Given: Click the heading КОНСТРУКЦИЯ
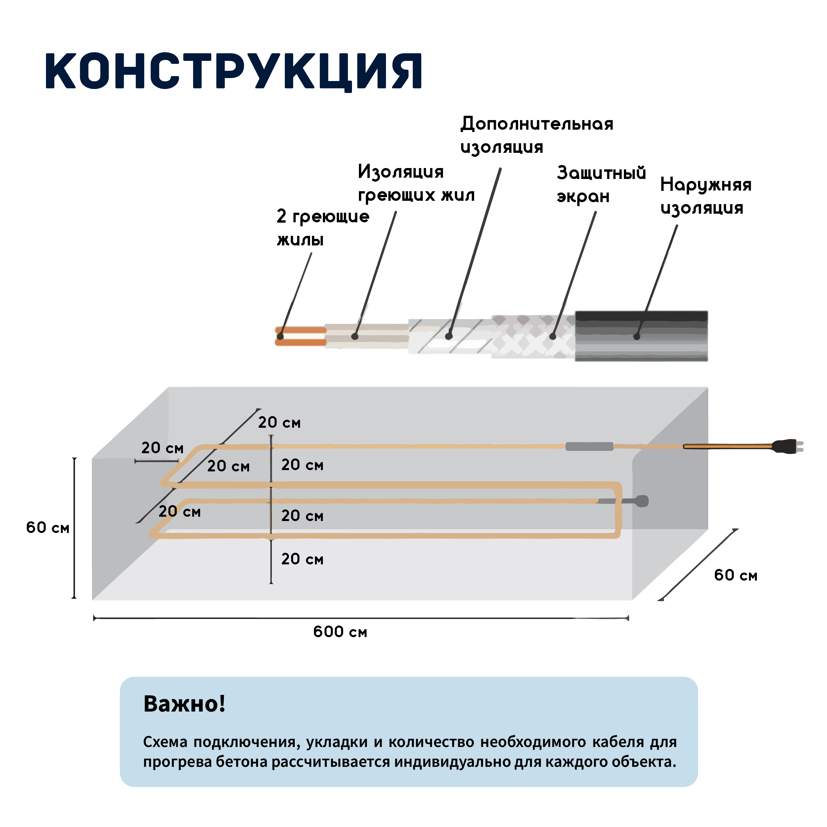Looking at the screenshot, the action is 234,71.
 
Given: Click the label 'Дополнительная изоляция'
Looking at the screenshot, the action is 537,135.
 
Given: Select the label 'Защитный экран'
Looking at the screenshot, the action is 601,185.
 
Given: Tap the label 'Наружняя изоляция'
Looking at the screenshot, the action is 706,196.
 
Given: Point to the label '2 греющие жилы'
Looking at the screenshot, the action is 323,227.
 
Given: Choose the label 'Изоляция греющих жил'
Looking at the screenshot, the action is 416,183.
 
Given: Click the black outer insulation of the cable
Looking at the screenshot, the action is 641,336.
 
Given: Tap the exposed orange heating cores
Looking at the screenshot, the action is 300,336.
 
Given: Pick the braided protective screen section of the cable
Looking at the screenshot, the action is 533,336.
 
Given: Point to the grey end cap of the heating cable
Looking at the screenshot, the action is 642,501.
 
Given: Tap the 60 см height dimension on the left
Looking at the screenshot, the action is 48,527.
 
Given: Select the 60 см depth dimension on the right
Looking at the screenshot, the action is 736,575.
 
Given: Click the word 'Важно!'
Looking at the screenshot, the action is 185,703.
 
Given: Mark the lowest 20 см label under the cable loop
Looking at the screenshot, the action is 302,559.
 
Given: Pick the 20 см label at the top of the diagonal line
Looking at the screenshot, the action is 279,422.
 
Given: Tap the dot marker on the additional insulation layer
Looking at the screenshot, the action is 449,336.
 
